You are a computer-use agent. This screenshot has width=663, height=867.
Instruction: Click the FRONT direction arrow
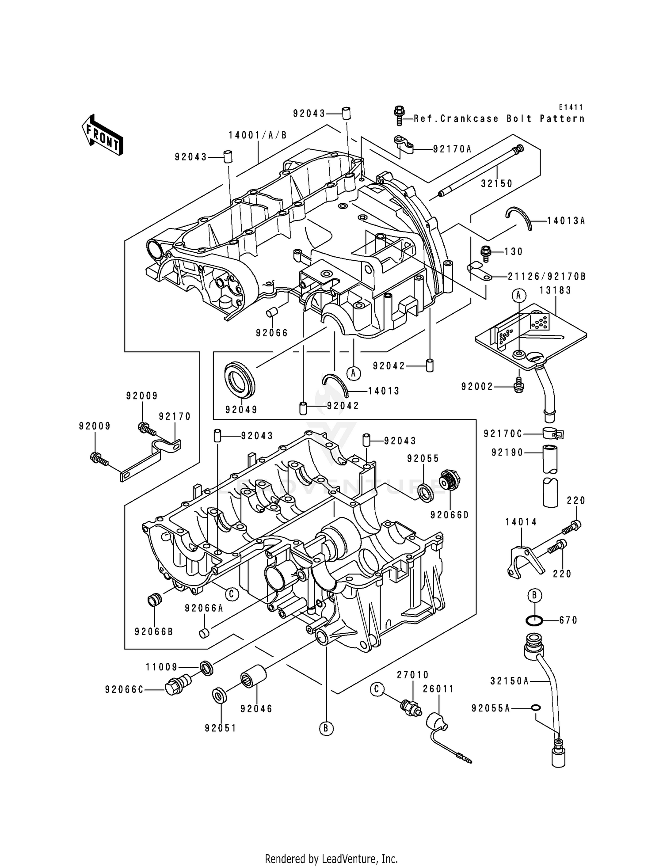coord(102,135)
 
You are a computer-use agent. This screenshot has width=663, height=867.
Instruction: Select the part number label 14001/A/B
coord(258,135)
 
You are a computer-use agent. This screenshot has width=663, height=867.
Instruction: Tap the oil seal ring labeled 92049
coord(240,379)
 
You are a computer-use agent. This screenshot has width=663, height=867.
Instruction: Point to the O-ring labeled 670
coord(534,620)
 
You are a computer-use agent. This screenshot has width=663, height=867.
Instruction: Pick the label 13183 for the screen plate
coord(555,290)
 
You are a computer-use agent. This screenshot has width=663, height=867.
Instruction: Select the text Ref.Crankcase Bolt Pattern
coord(499,119)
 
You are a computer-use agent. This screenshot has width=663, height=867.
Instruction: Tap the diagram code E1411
coord(571,107)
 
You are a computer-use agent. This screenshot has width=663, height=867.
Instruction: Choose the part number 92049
coord(241,410)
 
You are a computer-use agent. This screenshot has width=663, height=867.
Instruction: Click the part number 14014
coord(521,522)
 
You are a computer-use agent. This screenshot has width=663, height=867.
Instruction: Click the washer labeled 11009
coord(206,668)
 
